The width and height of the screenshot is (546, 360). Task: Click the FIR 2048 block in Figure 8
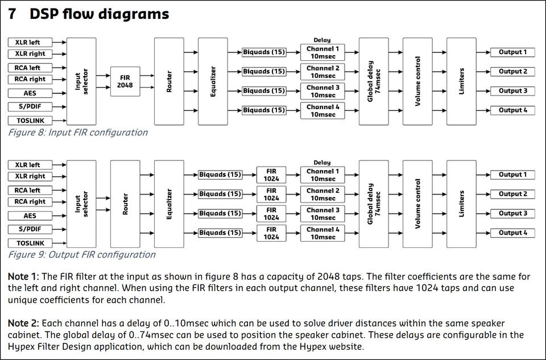pyautogui.click(x=125, y=81)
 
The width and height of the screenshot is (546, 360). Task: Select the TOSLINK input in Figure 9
pyautogui.click(x=30, y=243)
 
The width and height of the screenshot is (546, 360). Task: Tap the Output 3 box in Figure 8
pyautogui.click(x=512, y=91)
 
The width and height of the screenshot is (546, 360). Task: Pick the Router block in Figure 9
pyautogui.click(x=125, y=204)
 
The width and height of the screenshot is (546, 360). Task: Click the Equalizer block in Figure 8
pyautogui.click(x=213, y=81)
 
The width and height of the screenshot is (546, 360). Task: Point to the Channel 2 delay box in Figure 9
pyautogui.click(x=322, y=195)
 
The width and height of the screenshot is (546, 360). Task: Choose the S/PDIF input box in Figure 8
pyautogui.click(x=30, y=106)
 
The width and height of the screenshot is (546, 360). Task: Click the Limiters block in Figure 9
pyautogui.click(x=461, y=204)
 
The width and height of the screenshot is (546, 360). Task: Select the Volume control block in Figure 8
pyautogui.click(x=417, y=81)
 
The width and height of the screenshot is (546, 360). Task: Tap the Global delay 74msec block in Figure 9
pyautogui.click(x=374, y=204)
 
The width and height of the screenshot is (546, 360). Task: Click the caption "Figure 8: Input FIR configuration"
pyautogui.click(x=78, y=133)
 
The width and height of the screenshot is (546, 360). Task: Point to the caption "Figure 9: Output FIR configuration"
pyautogui.click(x=81, y=255)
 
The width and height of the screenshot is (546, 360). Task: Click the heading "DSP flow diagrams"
pyautogui.click(x=99, y=14)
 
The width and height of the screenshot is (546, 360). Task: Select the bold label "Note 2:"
pyautogui.click(x=23, y=323)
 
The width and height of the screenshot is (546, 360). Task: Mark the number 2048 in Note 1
pyautogui.click(x=328, y=276)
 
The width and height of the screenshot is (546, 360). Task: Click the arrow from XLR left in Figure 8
pyautogui.click(x=59, y=43)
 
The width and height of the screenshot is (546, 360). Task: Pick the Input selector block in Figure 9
pyautogui.click(x=81, y=204)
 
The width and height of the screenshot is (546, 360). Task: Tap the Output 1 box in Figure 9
pyautogui.click(x=512, y=175)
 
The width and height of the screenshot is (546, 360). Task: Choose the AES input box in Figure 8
pyautogui.click(x=30, y=93)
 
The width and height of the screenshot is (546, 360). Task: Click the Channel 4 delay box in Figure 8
pyautogui.click(x=322, y=111)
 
